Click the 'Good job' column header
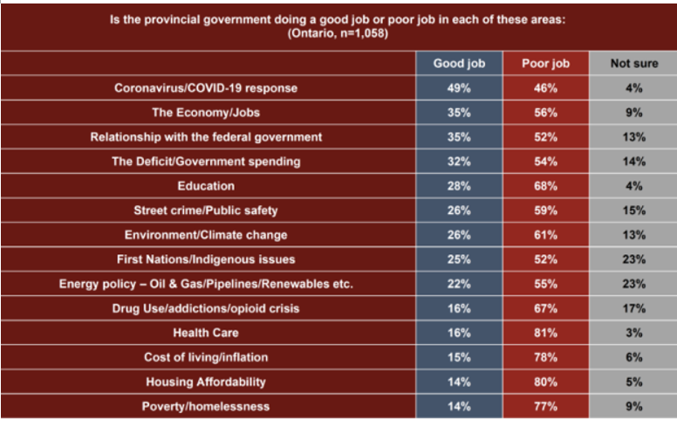[459, 64]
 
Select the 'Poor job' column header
[545, 64]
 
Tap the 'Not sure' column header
[633, 64]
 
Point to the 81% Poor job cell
[545, 333]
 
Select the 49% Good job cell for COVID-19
[459, 88]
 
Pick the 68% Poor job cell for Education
[545, 186]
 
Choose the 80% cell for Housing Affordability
[545, 382]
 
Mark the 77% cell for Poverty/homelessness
[545, 406]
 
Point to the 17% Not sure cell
[633, 308]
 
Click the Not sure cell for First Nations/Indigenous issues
[633, 259]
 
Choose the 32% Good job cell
[459, 162]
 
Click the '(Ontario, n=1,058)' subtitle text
[338, 33]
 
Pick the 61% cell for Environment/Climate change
[545, 235]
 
